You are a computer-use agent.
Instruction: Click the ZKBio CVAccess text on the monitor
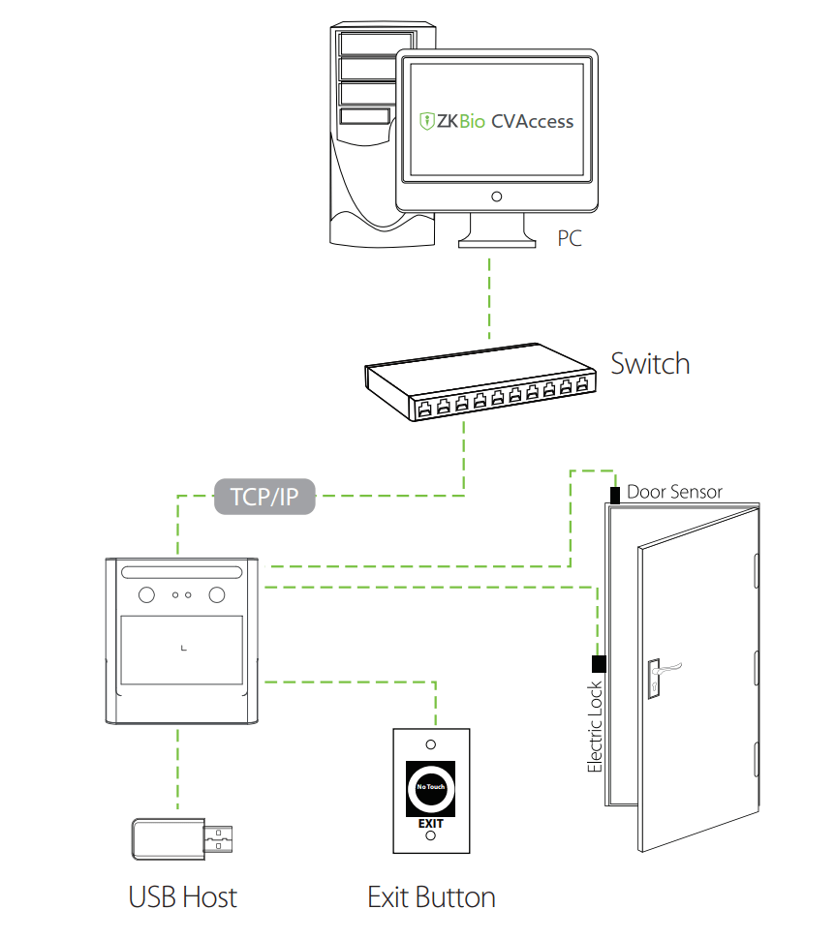pos(496,122)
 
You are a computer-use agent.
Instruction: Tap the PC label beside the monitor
pos(570,238)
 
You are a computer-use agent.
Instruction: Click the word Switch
pos(650,364)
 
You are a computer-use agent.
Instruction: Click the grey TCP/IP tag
pos(264,497)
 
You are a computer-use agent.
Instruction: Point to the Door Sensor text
pos(674,492)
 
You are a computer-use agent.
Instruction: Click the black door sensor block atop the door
pos(615,496)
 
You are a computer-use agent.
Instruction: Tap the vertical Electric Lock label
pos(596,726)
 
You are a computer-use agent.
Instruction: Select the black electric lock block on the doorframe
pos(598,664)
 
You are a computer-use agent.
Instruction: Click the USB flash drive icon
pos(182,837)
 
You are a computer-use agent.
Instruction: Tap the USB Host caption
pos(182,896)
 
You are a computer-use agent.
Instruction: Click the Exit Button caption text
pos(431,896)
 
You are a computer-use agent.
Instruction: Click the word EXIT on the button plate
pos(430,824)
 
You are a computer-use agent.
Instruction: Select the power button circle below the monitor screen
pos(496,197)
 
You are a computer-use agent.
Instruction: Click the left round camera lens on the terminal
pos(147,594)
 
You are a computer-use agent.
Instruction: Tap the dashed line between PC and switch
pos(490,296)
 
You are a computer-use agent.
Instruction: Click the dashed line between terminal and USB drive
pos(177,770)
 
